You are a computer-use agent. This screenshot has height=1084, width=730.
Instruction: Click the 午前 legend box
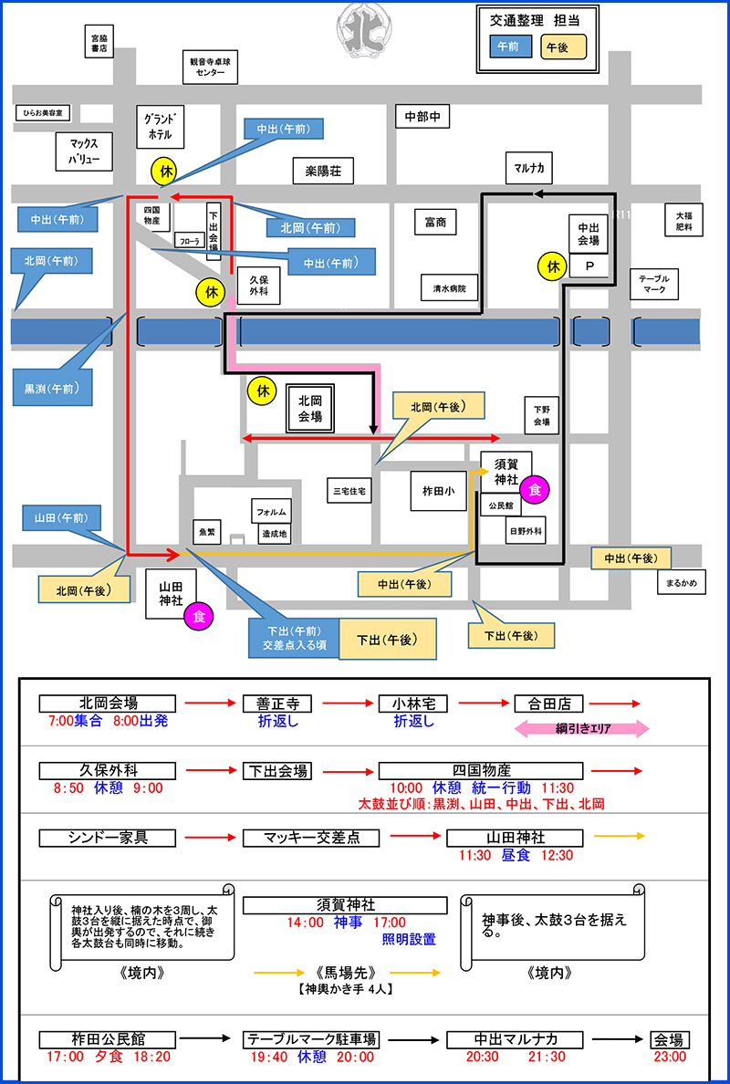pyautogui.click(x=509, y=45)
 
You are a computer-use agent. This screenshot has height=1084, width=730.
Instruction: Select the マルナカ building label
pyautogui.click(x=528, y=168)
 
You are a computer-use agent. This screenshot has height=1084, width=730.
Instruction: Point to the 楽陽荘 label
pyautogui.click(x=322, y=170)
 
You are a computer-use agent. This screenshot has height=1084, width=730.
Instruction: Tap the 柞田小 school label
pyautogui.click(x=432, y=489)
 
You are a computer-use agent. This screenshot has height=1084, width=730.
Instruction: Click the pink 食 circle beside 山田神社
pyautogui.click(x=199, y=617)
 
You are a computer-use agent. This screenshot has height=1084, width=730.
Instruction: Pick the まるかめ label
pyautogui.click(x=681, y=582)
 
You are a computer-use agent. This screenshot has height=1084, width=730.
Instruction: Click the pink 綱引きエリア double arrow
pyautogui.click(x=582, y=728)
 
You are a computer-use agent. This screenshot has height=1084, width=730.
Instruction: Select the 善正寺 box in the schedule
pyautogui.click(x=277, y=704)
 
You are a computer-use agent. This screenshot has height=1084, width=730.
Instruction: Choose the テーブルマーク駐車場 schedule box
pyautogui.click(x=311, y=1039)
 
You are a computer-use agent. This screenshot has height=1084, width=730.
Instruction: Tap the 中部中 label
pyautogui.click(x=422, y=116)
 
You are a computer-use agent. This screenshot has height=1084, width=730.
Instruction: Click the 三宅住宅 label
pyautogui.click(x=349, y=491)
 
